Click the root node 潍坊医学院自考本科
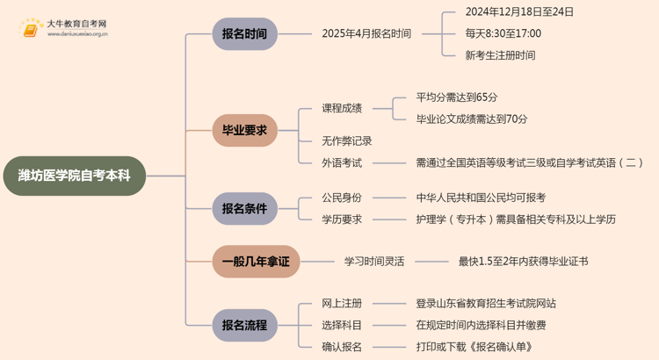click(x=74, y=176)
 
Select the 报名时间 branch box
click(x=244, y=34)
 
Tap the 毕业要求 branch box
click(x=244, y=131)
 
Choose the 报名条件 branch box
click(x=244, y=209)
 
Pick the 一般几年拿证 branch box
click(x=255, y=261)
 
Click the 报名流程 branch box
click(x=244, y=325)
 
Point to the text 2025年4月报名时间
click(x=366, y=34)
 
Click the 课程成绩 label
click(x=343, y=108)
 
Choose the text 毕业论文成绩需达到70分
click(x=472, y=119)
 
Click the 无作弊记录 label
click(x=347, y=141)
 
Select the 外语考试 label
click(x=343, y=162)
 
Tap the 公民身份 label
click(x=343, y=198)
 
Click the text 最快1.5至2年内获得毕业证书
click(x=524, y=262)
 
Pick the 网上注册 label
click(x=343, y=304)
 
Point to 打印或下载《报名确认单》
click(x=486, y=347)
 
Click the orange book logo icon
click(x=31, y=29)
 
